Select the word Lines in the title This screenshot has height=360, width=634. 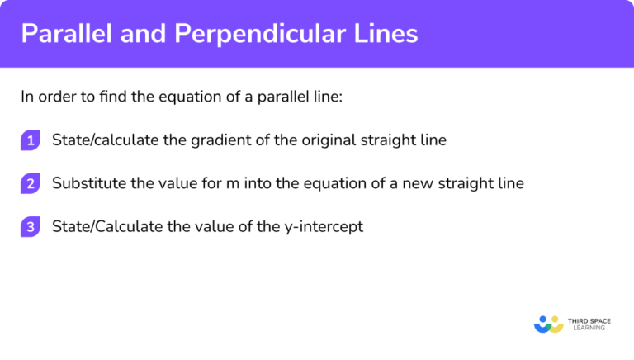pyautogui.click(x=387, y=34)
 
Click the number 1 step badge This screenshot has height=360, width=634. pyautogui.click(x=31, y=140)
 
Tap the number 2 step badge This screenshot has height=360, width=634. pyautogui.click(x=31, y=183)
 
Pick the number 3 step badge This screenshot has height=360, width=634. pyautogui.click(x=31, y=226)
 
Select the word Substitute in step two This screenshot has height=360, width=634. pyautogui.click(x=88, y=183)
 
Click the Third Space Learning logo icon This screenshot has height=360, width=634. pyautogui.click(x=549, y=323)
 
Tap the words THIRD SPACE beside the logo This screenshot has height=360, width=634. pyautogui.click(x=589, y=319)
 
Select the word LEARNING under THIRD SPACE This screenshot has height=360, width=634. pyautogui.click(x=587, y=328)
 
